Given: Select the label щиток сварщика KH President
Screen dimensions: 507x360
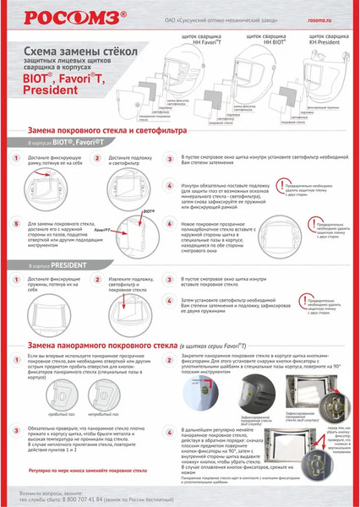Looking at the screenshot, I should click(x=328, y=39).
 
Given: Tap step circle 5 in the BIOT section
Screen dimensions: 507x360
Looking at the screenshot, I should click(x=19, y=226).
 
